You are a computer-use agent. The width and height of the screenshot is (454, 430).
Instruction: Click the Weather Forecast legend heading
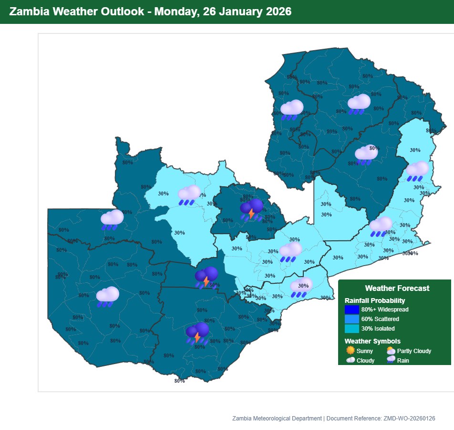pos(397,288)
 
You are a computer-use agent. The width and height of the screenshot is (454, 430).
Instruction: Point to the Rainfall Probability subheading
pos(374,301)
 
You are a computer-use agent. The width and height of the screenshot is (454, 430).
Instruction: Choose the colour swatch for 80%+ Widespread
pos(351,310)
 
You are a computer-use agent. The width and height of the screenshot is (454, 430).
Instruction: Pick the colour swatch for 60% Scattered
pos(351,319)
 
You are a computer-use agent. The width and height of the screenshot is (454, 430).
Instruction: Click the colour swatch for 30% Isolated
pos(351,328)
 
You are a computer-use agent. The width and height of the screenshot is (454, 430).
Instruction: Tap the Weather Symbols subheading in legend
pos(372,341)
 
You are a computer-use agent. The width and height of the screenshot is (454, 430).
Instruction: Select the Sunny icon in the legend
pos(351,351)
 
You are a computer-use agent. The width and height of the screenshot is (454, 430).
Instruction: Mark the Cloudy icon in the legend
pos(351,360)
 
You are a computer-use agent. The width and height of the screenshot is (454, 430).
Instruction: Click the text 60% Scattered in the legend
pos(380,319)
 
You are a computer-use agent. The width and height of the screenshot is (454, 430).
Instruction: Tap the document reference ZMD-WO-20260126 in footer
pos(409,419)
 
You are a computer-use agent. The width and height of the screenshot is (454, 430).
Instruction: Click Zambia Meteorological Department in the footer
pos(277,419)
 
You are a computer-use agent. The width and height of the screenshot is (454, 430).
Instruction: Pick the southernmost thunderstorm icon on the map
pos(197,333)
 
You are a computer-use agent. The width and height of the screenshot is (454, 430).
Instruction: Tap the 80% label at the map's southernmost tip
pos(179,381)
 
